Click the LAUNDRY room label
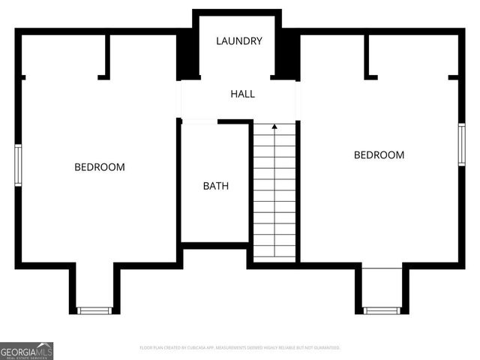click(x=239, y=40)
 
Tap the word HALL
click(x=242, y=94)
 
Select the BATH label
click(x=216, y=186)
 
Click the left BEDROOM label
click(x=99, y=166)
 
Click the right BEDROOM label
click(x=379, y=154)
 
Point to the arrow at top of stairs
click(x=274, y=127)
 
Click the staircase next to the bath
click(x=274, y=195)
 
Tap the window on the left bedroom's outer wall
click(x=18, y=165)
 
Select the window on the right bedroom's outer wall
click(x=462, y=144)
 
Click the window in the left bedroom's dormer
click(x=94, y=310)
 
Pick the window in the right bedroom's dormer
click(x=382, y=310)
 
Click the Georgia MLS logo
click(x=26, y=350)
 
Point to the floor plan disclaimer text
click(x=240, y=348)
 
